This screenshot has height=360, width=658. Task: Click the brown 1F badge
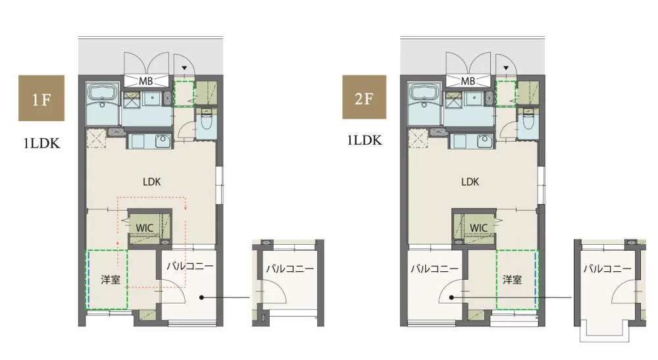point(41,98)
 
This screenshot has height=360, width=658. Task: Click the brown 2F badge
point(365,97)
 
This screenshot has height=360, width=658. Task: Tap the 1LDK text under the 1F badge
point(42,143)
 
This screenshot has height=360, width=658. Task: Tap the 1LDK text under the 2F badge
point(365,140)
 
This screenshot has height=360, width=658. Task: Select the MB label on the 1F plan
point(145,81)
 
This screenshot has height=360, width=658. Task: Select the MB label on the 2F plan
point(468,81)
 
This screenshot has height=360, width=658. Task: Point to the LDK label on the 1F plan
point(151,182)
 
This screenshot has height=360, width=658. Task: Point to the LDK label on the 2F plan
point(470,182)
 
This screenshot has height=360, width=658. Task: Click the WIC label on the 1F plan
point(144,228)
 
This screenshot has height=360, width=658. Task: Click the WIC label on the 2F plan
point(479,228)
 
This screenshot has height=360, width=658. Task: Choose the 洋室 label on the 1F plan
point(111,280)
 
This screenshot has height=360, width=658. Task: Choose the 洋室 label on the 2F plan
point(513,280)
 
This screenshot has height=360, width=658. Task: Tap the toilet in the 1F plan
point(206,120)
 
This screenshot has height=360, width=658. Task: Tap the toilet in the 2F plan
point(528,120)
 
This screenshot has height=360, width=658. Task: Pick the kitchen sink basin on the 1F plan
point(163,141)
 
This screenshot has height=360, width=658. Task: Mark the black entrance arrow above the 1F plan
point(184,68)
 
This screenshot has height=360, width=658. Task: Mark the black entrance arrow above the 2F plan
point(505,68)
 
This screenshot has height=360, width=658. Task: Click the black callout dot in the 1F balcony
point(201,297)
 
